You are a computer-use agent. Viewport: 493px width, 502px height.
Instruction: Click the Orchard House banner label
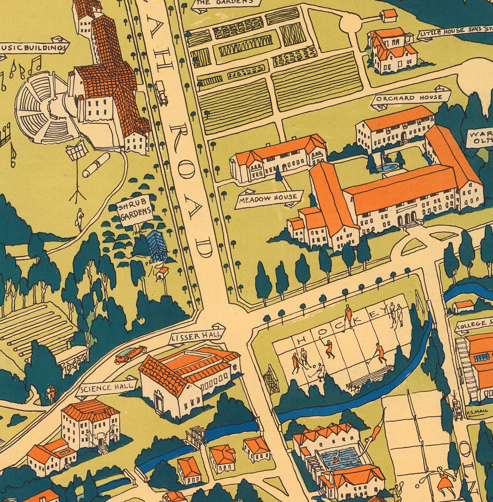(x=409, y=98)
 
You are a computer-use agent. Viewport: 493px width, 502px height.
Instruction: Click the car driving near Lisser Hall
(x=130, y=355)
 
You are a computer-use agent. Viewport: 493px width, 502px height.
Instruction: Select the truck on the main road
(x=161, y=92)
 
